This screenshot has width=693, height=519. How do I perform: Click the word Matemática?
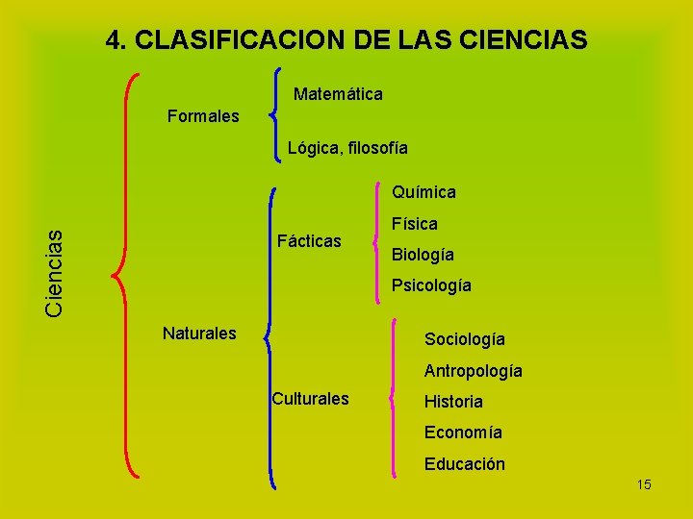point(338,94)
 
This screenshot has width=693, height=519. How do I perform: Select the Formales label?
point(203,116)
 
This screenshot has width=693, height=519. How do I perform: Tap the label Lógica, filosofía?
point(347,148)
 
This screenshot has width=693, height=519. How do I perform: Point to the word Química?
point(423,192)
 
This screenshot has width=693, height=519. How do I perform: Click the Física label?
point(415,224)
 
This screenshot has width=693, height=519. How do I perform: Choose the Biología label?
point(423,256)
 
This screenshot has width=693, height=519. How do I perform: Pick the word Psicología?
point(431,286)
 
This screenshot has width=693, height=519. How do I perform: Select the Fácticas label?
point(308,241)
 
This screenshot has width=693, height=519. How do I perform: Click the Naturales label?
point(199,334)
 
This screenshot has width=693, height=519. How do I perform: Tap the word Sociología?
point(465,339)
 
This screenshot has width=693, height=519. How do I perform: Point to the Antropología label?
point(474,370)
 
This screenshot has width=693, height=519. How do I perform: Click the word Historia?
point(453,402)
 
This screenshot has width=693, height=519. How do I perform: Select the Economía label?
point(463,432)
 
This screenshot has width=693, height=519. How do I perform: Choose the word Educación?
point(465,464)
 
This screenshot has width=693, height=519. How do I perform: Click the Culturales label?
point(310,398)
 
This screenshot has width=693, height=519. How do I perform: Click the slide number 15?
point(644,484)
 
